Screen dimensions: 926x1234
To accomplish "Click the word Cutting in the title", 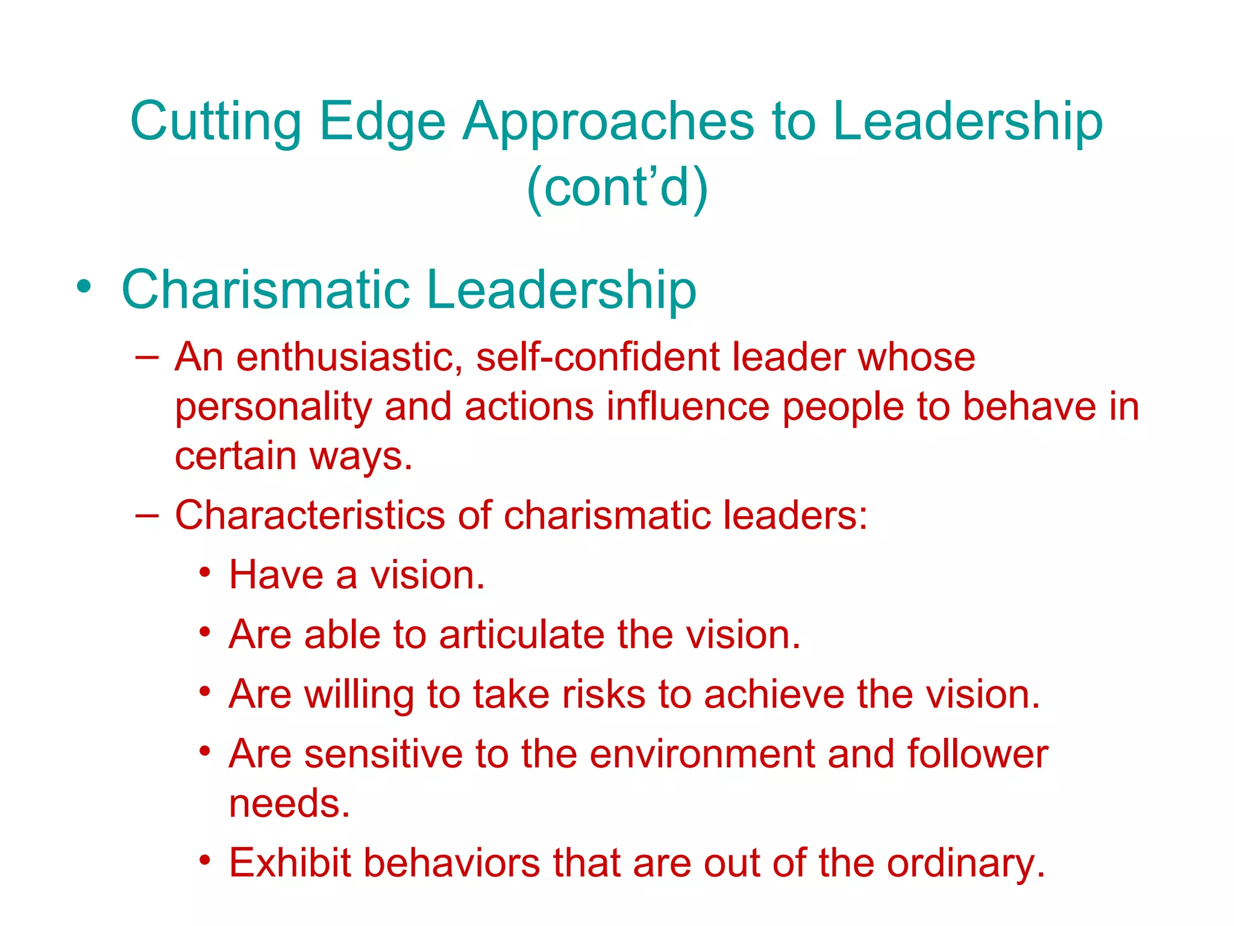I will pos(215,122).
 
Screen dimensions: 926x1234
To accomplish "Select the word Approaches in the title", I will pos(608,122).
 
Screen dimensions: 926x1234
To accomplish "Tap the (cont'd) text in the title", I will pos(617,187).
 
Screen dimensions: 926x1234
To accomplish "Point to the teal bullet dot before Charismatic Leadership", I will pos(84,286).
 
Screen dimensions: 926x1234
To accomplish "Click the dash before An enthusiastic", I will pos(147,357).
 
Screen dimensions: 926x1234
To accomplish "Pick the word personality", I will pos(273,408).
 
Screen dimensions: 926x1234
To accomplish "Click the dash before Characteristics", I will pos(147,516).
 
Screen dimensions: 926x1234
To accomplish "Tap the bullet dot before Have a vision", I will pos(205,571).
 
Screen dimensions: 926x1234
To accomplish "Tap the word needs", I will pos(289,804).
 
